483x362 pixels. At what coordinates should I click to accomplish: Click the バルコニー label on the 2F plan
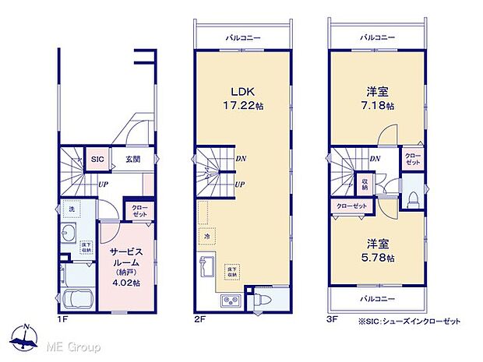click(x=243, y=37)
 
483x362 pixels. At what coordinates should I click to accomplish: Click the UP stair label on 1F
click(x=102, y=185)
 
